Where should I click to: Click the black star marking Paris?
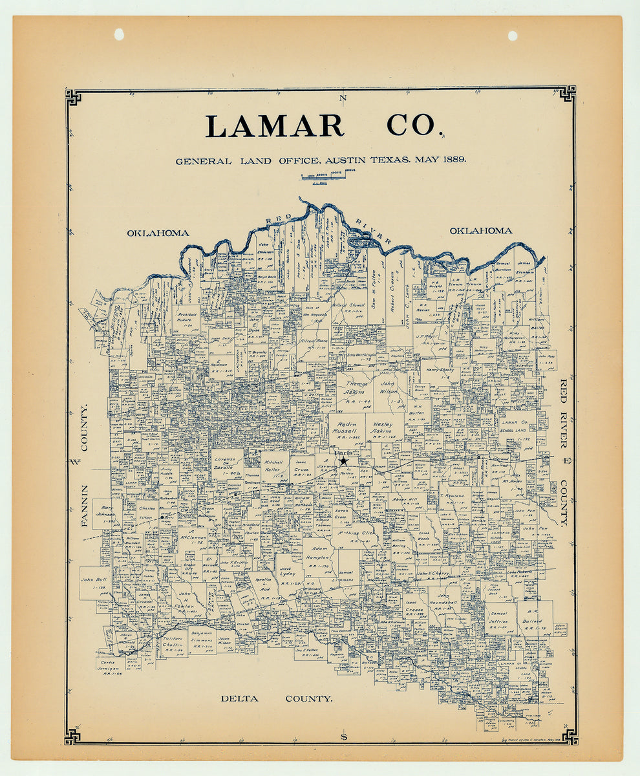344,460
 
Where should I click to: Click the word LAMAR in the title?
274,126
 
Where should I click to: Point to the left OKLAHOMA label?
158,233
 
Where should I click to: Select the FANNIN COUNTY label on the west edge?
85,465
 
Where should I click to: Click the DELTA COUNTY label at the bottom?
276,698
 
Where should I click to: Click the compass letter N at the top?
343,98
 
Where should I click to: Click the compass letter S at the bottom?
343,737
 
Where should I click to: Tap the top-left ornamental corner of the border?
73,97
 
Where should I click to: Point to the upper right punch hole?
513,36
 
